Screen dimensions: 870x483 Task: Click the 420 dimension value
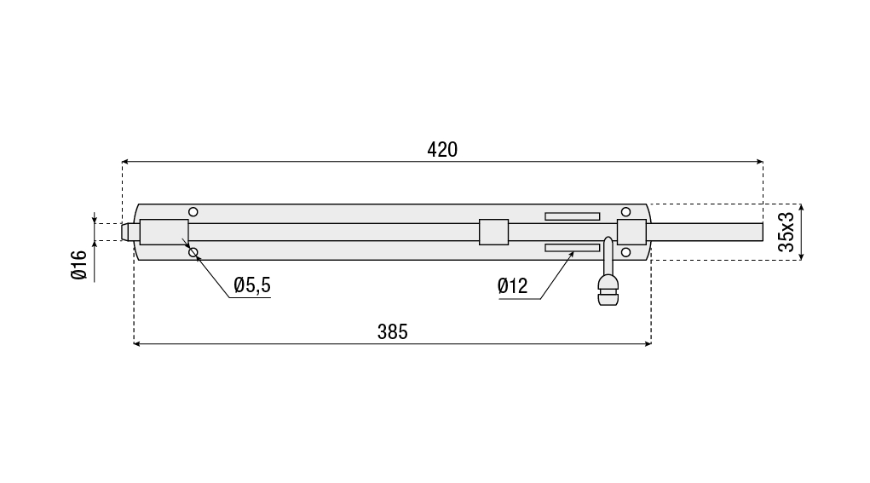coord(442,150)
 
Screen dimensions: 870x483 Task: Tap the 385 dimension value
coord(392,331)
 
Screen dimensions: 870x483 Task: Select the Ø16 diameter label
coord(79,265)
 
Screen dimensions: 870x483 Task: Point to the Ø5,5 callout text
coord(252,285)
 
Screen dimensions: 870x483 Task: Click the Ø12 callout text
coord(513,286)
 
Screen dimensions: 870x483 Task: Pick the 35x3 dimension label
coord(786,232)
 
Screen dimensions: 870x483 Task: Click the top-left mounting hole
coord(193,212)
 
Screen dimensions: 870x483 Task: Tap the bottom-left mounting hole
coord(193,253)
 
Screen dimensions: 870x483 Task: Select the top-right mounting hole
coord(625,212)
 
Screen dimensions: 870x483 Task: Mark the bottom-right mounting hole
coord(625,253)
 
